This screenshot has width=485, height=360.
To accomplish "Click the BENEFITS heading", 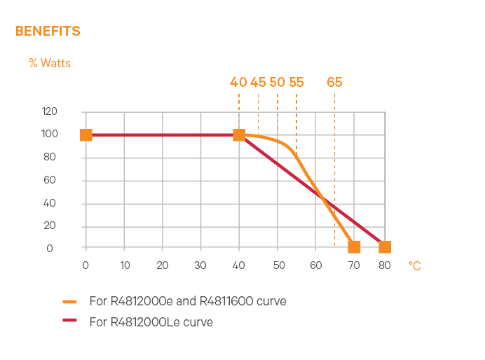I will pyautogui.click(x=48, y=32).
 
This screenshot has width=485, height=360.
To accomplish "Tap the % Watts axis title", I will pyautogui.click(x=50, y=63).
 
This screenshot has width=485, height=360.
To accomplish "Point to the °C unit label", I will pyautogui.click(x=415, y=266).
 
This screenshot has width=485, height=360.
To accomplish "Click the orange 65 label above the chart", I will pyautogui.click(x=335, y=82).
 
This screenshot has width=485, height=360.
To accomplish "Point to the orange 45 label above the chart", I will pyautogui.click(x=258, y=82).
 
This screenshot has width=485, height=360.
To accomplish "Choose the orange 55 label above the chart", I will pyautogui.click(x=296, y=82).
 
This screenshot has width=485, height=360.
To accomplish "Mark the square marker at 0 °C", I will pyautogui.click(x=86, y=134).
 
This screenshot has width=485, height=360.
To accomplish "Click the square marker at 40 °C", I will pyautogui.click(x=239, y=134).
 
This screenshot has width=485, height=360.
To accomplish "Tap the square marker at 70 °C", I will pyautogui.click(x=354, y=247).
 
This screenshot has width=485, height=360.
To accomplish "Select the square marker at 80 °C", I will pyautogui.click(x=385, y=247).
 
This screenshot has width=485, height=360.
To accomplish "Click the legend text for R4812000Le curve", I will pyautogui.click(x=151, y=322).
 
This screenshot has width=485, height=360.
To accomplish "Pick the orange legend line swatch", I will pyautogui.click(x=69, y=302).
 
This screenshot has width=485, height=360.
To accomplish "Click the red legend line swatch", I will pyautogui.click(x=69, y=322).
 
